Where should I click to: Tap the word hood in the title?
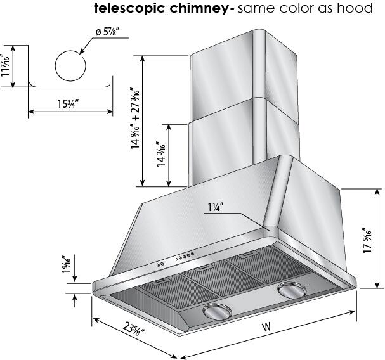356,9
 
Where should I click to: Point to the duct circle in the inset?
70,67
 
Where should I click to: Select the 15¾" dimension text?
70,103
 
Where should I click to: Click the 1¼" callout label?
214,207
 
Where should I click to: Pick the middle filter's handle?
203,269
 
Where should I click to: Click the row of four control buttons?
186,257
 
